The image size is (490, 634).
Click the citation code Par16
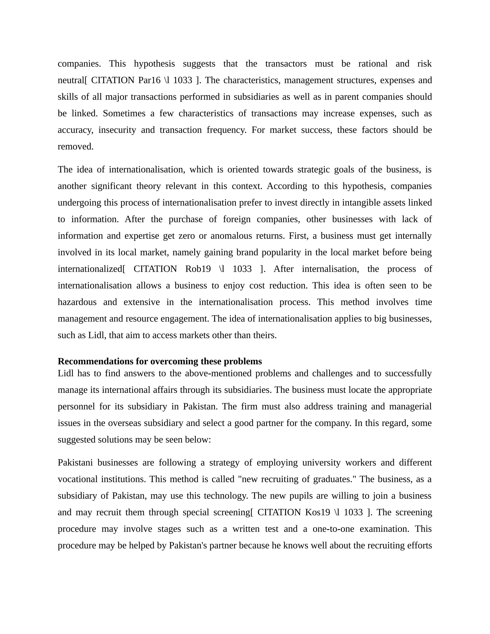149,80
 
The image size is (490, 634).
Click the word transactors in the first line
286,64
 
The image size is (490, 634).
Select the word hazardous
77,302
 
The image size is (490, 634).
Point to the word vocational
77,479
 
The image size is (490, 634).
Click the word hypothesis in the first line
154,64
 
